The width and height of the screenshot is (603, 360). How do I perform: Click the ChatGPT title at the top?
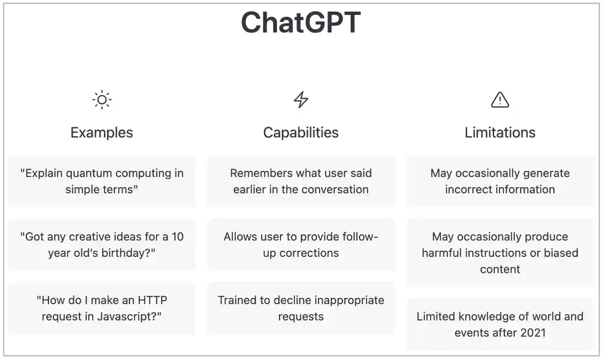(x=301, y=23)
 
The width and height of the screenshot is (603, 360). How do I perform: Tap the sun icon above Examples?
(x=102, y=99)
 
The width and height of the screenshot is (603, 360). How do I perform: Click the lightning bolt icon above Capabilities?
(x=301, y=99)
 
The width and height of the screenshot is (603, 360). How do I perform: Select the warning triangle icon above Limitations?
(x=500, y=99)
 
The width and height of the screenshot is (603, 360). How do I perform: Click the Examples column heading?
(x=102, y=132)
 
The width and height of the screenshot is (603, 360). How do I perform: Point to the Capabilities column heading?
(x=301, y=132)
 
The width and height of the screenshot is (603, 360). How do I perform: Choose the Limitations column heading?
(x=500, y=132)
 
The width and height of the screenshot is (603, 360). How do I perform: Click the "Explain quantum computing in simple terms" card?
(x=102, y=182)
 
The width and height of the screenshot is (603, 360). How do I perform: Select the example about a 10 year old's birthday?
(x=102, y=245)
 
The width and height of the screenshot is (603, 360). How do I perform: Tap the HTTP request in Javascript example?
(x=102, y=308)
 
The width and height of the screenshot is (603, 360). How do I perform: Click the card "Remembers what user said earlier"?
(x=301, y=182)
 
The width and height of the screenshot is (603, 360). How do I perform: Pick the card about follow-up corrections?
(x=301, y=245)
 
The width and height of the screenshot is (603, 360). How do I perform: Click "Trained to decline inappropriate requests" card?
(x=301, y=308)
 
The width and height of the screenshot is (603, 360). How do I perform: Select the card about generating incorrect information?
(x=500, y=182)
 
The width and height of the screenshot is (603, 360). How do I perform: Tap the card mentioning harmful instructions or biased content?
(x=500, y=253)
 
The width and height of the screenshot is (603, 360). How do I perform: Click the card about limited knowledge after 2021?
(x=500, y=325)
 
